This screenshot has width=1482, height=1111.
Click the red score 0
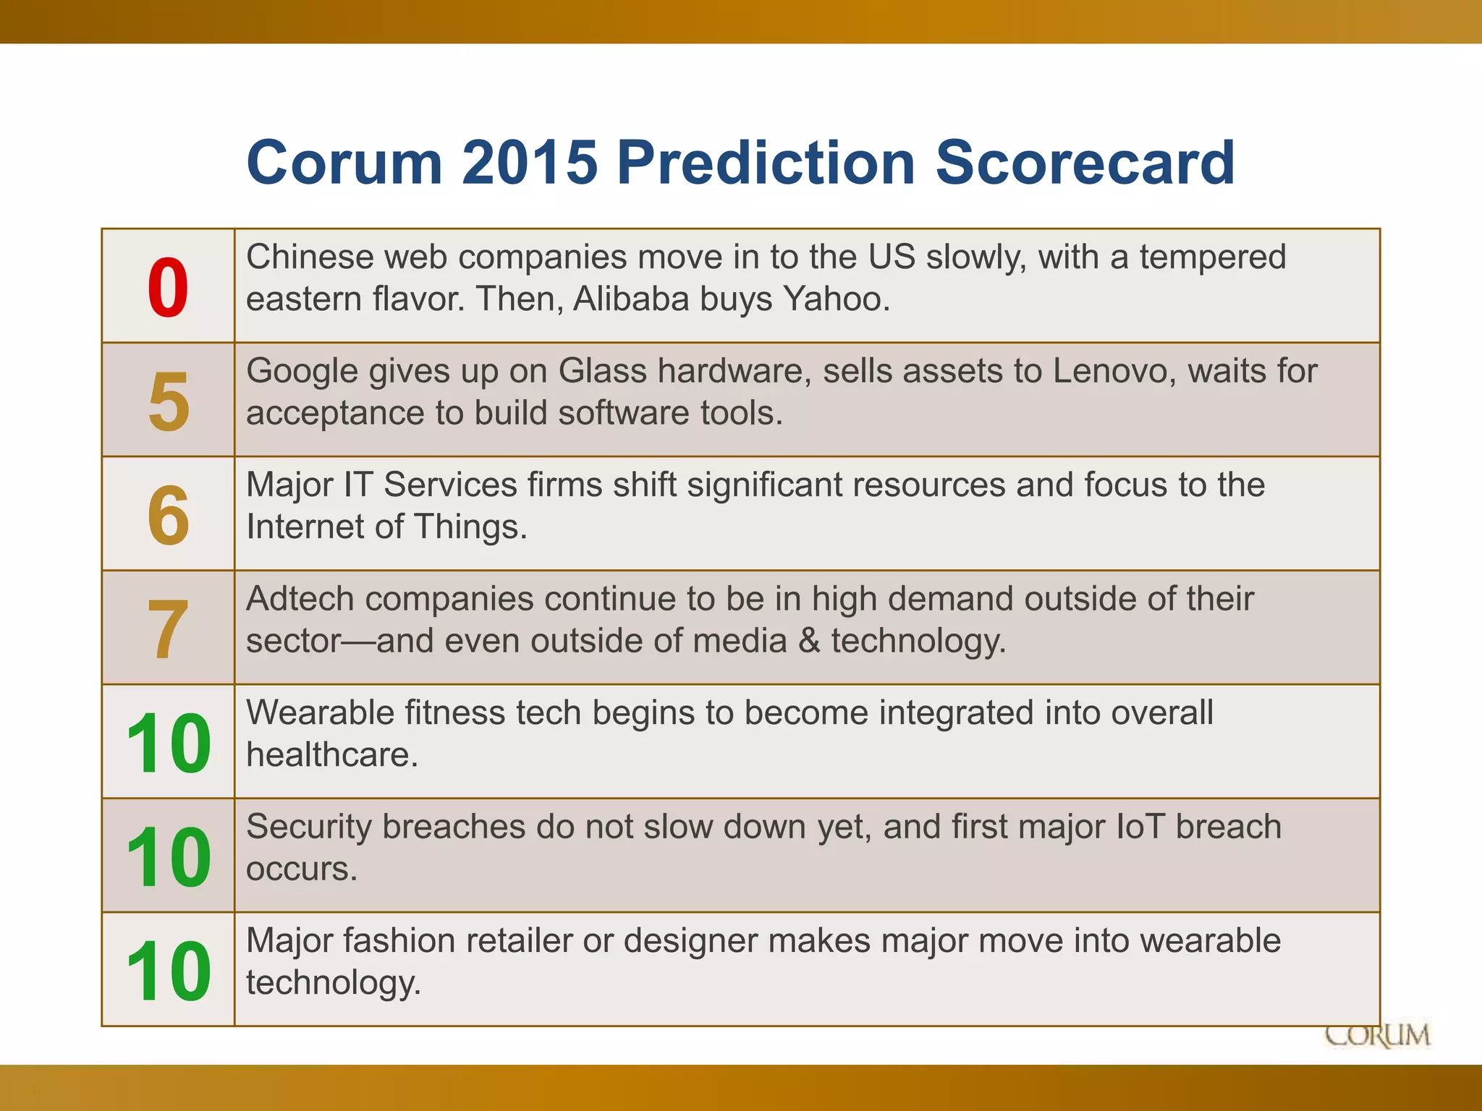pos(168,288)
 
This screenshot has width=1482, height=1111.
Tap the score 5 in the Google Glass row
pos(168,401)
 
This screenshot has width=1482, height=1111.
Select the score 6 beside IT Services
pos(168,515)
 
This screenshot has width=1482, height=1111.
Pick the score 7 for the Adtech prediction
pos(168,629)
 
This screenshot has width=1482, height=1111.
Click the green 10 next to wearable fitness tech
pos(168,743)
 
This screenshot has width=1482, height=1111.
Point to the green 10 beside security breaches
pos(168,857)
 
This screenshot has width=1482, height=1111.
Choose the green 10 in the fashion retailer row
pos(168,971)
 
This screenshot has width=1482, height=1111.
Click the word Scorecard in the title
pos(1085,162)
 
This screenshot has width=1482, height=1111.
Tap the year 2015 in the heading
pos(530,162)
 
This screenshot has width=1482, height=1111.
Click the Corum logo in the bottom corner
pos(1377,1035)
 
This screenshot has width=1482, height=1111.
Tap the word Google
pos(302,370)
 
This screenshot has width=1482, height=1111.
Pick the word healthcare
pos(331,754)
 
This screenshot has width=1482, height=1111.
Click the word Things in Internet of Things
pos(460,527)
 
